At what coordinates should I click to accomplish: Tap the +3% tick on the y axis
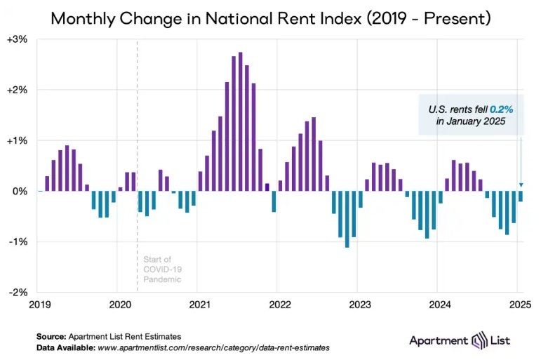point(18,39)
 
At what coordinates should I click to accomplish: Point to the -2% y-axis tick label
point(18,292)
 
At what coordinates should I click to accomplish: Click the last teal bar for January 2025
point(521,196)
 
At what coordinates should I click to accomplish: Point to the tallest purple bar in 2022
point(314,154)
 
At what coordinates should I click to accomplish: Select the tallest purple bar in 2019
point(67,168)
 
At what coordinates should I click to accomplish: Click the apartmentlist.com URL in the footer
point(214,347)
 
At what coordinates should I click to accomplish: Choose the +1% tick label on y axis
point(18,140)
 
